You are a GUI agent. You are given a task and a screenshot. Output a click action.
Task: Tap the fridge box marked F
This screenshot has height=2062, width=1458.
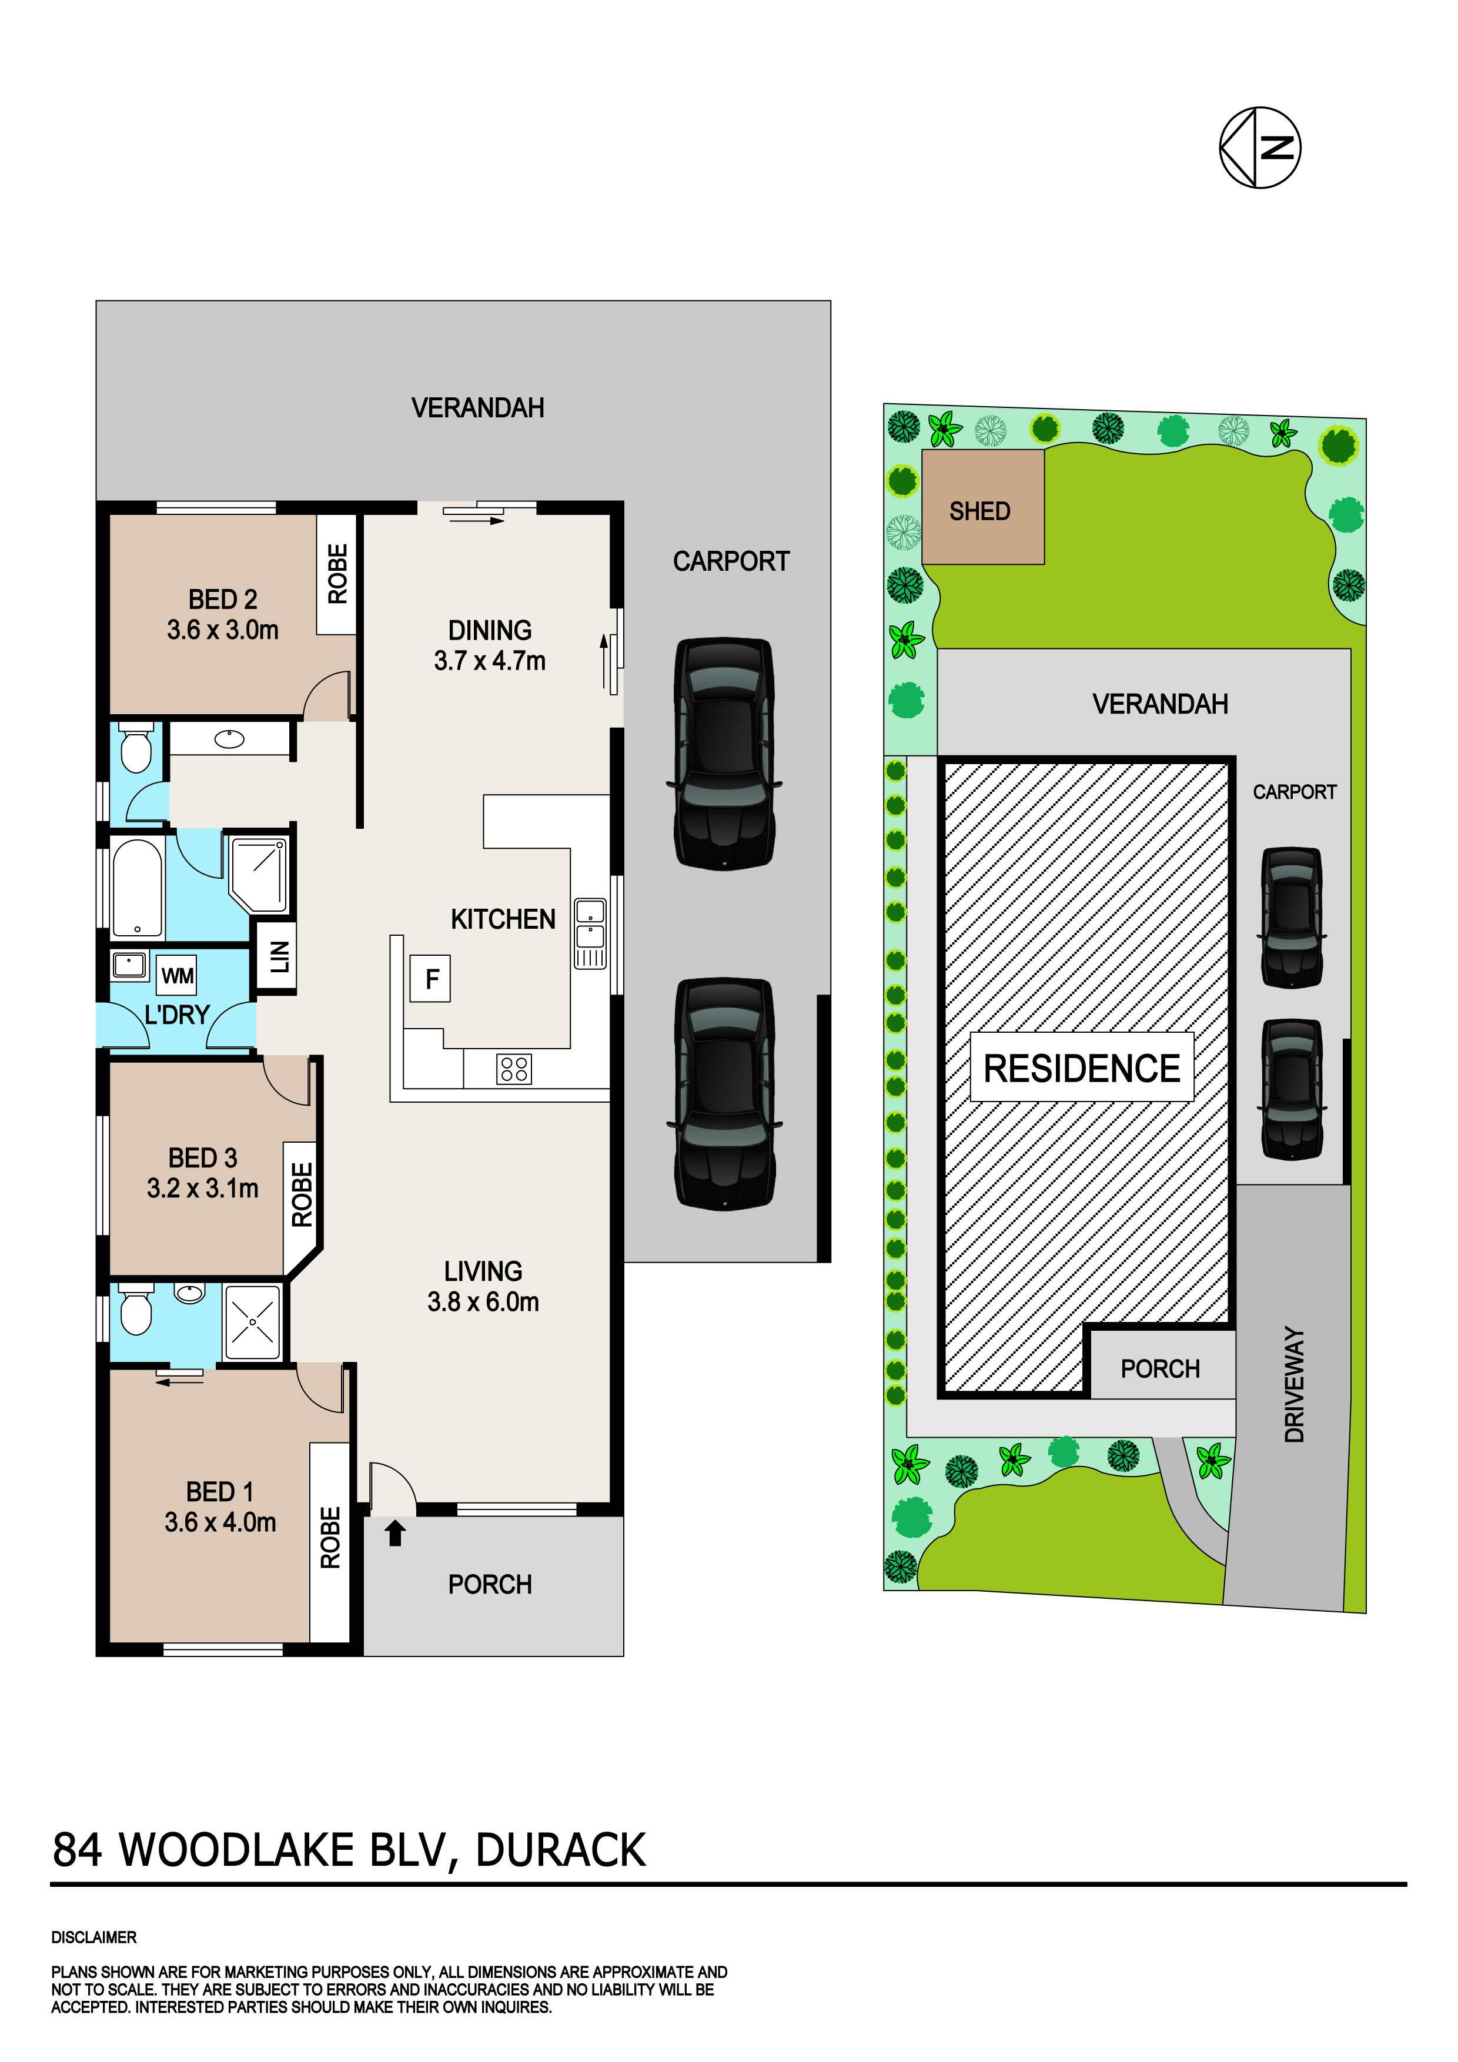tap(431, 978)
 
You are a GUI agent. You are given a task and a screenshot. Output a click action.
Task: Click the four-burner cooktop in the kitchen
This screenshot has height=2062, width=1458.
tap(514, 1069)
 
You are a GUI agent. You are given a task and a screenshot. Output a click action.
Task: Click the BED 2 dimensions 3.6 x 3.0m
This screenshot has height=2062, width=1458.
tap(223, 630)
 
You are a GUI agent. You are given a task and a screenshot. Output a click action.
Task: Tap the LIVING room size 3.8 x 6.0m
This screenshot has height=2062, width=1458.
tap(483, 1301)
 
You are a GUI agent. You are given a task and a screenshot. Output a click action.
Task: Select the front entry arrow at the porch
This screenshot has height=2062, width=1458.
tap(395, 1531)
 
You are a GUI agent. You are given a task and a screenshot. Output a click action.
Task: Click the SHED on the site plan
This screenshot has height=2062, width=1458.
tap(983, 507)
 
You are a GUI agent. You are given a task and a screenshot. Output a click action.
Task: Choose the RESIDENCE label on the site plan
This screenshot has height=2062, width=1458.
tap(1082, 1068)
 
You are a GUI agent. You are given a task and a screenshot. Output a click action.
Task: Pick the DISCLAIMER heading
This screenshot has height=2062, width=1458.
tap(94, 1937)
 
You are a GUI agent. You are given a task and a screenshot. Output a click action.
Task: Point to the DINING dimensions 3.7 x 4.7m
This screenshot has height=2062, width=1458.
tap(490, 661)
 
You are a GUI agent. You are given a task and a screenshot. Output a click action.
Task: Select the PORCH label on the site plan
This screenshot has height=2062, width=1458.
tap(1160, 1368)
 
